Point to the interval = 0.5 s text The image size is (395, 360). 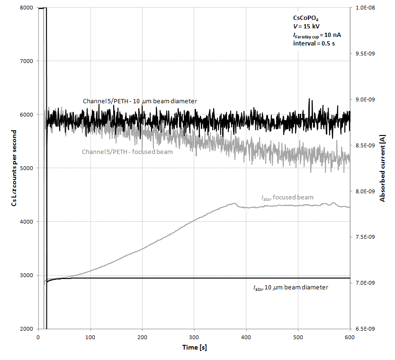tap(309, 43)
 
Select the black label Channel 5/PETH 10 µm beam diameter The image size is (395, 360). tap(140, 101)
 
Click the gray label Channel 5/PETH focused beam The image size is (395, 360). tap(127, 152)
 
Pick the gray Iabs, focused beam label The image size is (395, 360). tap(287, 198)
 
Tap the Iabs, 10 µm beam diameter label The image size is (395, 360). tap(290, 288)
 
